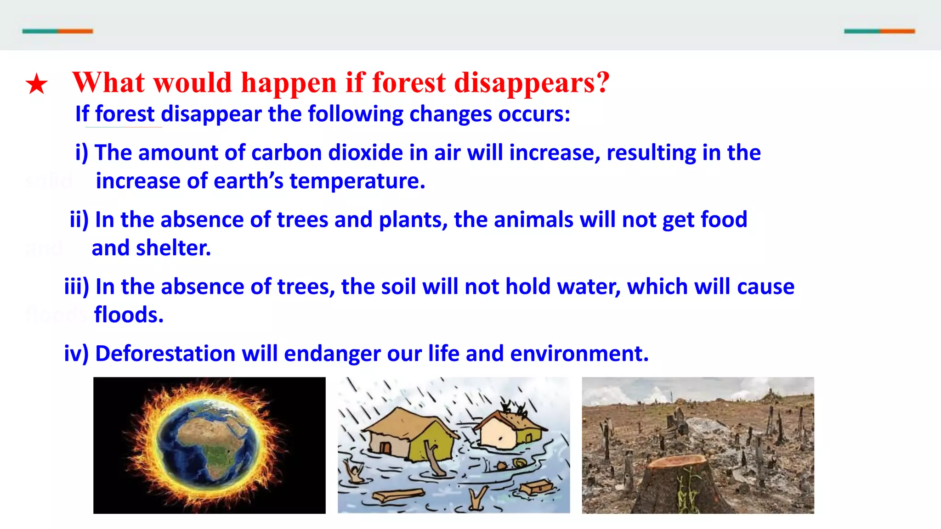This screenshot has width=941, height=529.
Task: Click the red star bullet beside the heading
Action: click(x=36, y=84)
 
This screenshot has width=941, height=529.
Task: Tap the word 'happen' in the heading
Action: click(x=289, y=83)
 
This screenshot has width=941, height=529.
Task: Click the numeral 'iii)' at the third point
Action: click(x=76, y=287)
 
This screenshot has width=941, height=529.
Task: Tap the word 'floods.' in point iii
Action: click(x=129, y=315)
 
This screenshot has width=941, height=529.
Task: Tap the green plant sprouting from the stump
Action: click(x=687, y=494)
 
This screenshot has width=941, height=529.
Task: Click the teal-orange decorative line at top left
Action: click(x=57, y=31)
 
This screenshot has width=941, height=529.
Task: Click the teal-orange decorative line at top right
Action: click(x=879, y=31)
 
